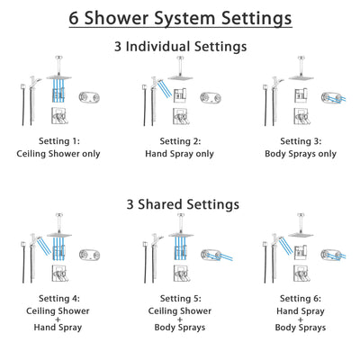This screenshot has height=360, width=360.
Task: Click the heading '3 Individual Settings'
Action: click(x=180, y=46)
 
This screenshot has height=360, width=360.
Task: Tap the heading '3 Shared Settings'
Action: click(x=180, y=204)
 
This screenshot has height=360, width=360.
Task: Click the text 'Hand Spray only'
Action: click(x=180, y=153)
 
